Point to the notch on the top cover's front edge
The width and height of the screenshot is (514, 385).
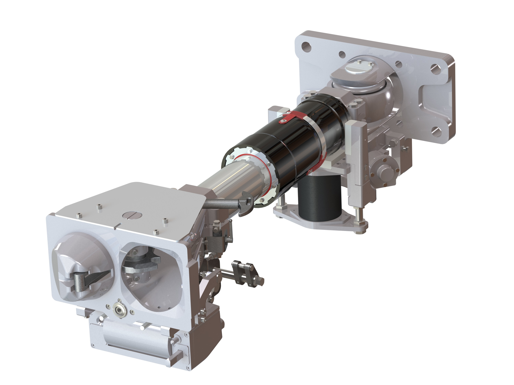pos(115,228)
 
